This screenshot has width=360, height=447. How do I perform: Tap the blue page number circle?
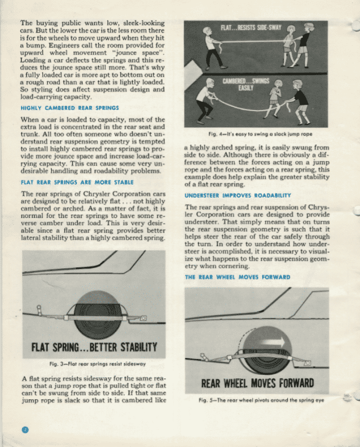click(25, 430)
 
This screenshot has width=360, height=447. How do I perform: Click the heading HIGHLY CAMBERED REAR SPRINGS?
click(69, 108)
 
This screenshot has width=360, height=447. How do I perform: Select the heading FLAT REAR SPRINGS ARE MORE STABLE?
click(77, 182)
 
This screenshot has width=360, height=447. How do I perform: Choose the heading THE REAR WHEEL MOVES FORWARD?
click(237, 277)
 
